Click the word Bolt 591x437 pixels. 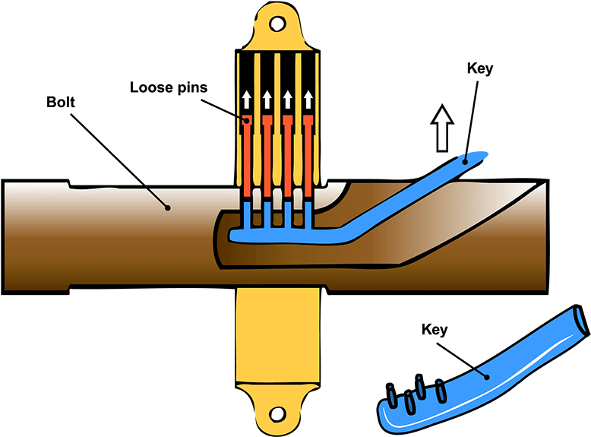click(61, 103)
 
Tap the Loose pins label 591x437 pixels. click(167, 87)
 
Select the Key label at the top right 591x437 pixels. click(480, 68)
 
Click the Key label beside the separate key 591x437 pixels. click(434, 330)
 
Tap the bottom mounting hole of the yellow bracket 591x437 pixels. click(278, 413)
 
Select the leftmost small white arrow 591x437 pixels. click(246, 100)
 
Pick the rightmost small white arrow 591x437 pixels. click(308, 100)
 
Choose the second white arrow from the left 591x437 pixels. click(267, 100)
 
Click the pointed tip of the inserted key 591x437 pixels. click(481, 157)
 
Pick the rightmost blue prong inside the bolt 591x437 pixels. click(308, 217)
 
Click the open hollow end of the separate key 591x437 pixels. click(580, 319)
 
